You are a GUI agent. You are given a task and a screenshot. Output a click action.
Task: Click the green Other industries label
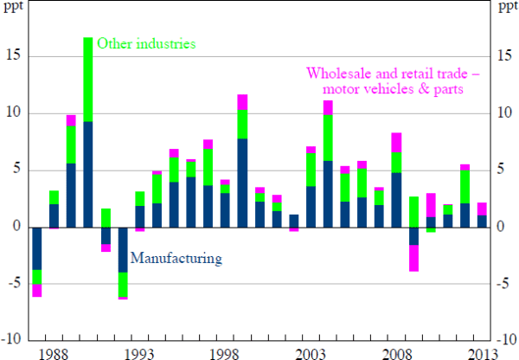click(x=147, y=42)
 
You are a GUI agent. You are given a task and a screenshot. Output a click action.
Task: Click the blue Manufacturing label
click(x=176, y=257)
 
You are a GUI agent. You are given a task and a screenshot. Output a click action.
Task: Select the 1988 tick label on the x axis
click(x=54, y=351)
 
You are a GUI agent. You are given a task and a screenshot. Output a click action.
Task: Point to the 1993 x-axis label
click(x=139, y=351)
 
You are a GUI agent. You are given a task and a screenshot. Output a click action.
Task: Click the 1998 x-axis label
click(x=225, y=351)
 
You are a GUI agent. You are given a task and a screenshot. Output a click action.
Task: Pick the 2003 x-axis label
click(x=311, y=351)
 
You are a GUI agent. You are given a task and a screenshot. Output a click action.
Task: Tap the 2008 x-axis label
click(x=397, y=351)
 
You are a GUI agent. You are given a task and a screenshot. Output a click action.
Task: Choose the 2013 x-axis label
click(x=481, y=351)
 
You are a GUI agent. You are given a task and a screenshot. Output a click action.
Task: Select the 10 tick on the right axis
click(x=505, y=113)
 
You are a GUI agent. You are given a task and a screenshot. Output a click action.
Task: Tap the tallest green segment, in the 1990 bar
click(x=88, y=80)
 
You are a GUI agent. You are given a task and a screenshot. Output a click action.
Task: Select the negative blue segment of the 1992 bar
click(x=122, y=249)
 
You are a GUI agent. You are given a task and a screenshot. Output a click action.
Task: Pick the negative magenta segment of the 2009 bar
click(x=413, y=258)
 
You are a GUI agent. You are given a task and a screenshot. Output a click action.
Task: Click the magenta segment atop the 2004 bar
click(x=328, y=107)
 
